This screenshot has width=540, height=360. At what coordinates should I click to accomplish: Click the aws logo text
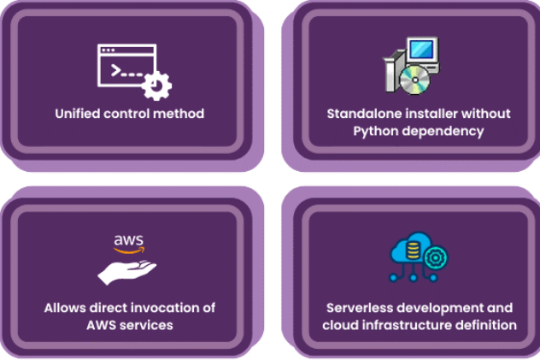[x=128, y=241]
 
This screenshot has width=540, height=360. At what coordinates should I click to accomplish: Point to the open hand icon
[x=127, y=271]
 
